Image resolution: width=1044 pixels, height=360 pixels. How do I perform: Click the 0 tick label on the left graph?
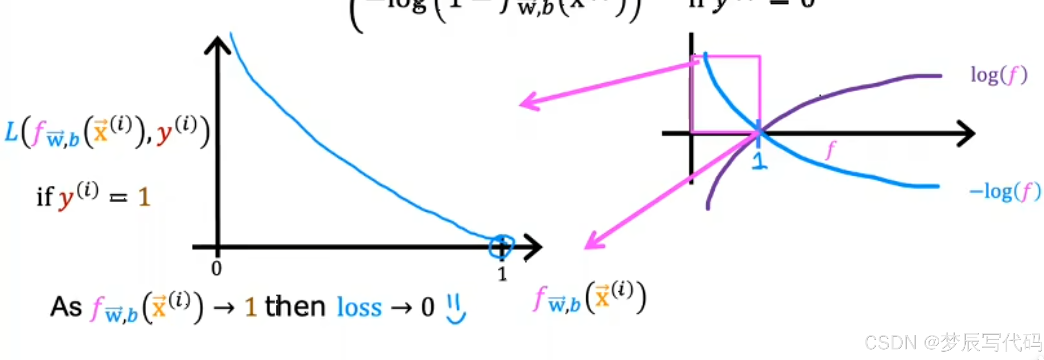tap(216, 268)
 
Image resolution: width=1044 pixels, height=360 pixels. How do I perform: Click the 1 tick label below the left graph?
tap(502, 274)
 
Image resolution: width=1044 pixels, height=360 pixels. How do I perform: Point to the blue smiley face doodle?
tap(456, 309)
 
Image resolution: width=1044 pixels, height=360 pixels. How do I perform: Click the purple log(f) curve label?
tap(999, 76)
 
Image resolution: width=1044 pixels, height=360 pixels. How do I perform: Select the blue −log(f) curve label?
tap(1004, 192)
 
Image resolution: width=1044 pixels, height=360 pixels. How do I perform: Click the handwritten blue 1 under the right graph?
tap(759, 160)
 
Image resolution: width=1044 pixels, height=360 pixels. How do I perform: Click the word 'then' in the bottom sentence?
tap(295, 307)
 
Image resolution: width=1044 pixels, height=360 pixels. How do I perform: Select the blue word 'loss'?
tap(359, 308)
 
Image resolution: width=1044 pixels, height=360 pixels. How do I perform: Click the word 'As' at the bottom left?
tap(66, 307)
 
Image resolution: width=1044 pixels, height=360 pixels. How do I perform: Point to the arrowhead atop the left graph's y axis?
tap(218, 44)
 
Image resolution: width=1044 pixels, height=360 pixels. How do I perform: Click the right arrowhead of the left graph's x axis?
tap(534, 247)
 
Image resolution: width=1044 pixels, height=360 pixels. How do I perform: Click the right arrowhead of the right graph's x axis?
tap(967, 133)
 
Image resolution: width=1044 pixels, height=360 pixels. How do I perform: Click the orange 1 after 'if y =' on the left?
tap(144, 198)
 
